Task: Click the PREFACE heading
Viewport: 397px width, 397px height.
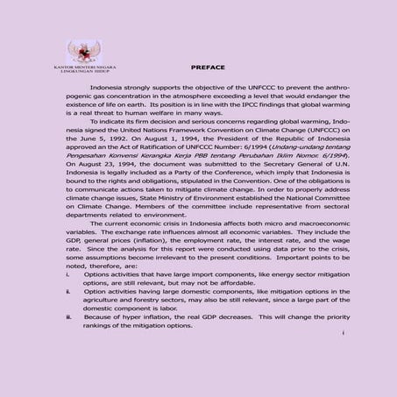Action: (208, 67)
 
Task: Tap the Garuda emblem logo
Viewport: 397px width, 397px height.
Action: (84, 49)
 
